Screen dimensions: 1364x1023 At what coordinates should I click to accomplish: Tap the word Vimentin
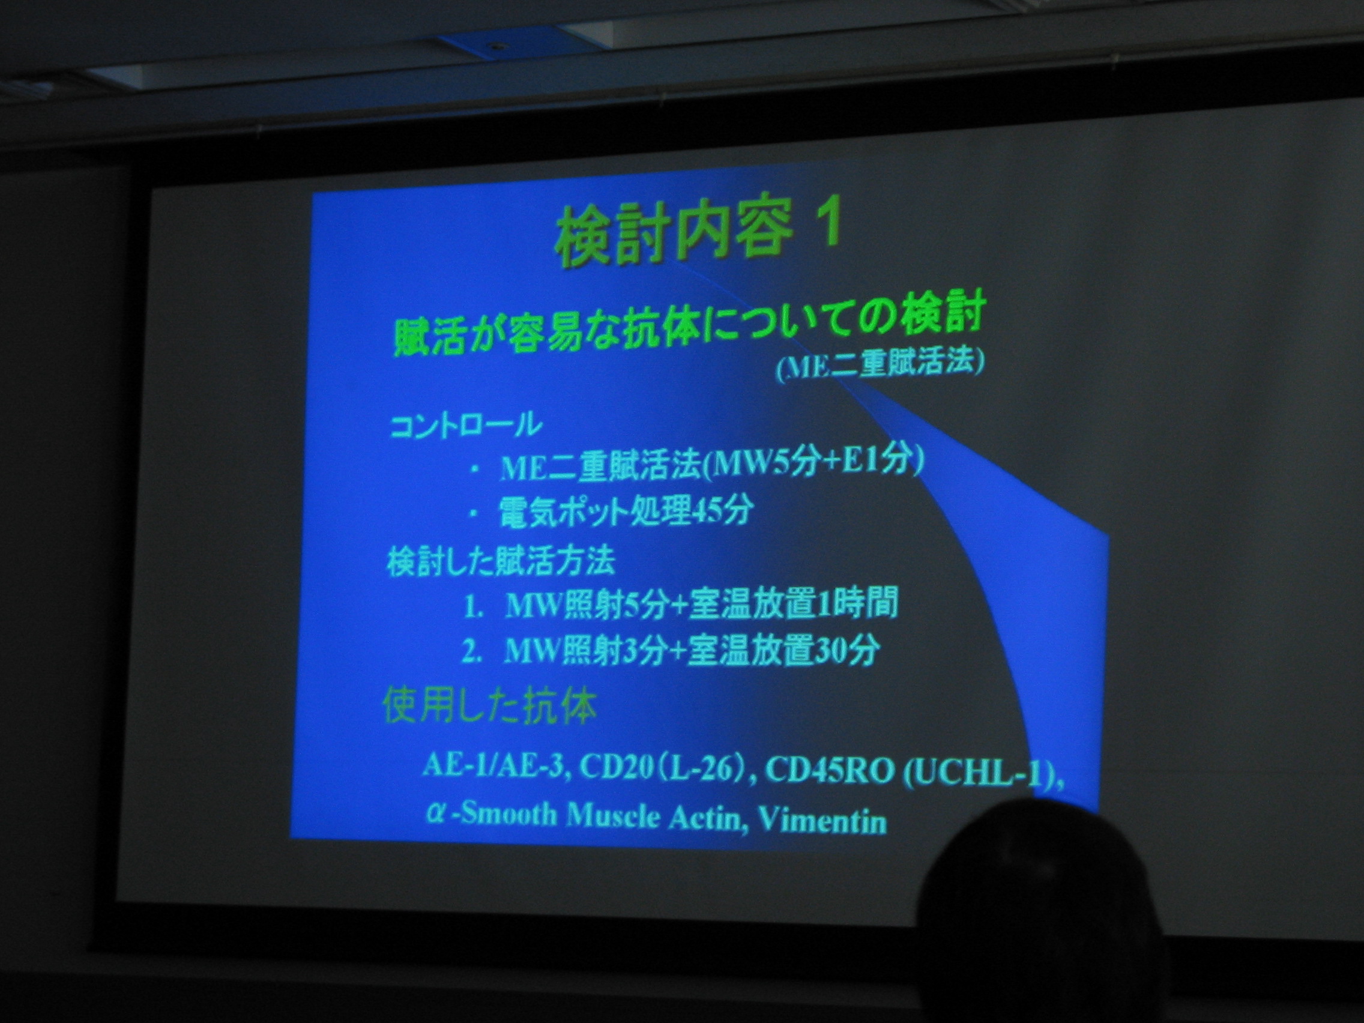pos(822,821)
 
